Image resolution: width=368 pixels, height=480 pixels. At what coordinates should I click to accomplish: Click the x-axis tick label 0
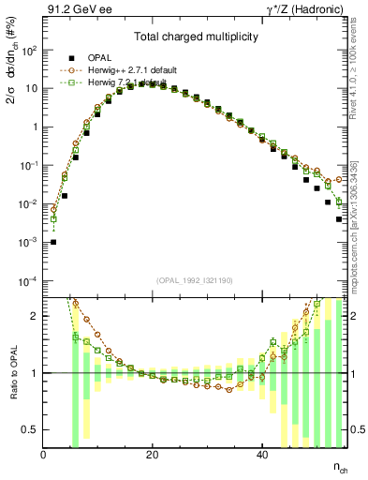[x=44, y=455]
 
